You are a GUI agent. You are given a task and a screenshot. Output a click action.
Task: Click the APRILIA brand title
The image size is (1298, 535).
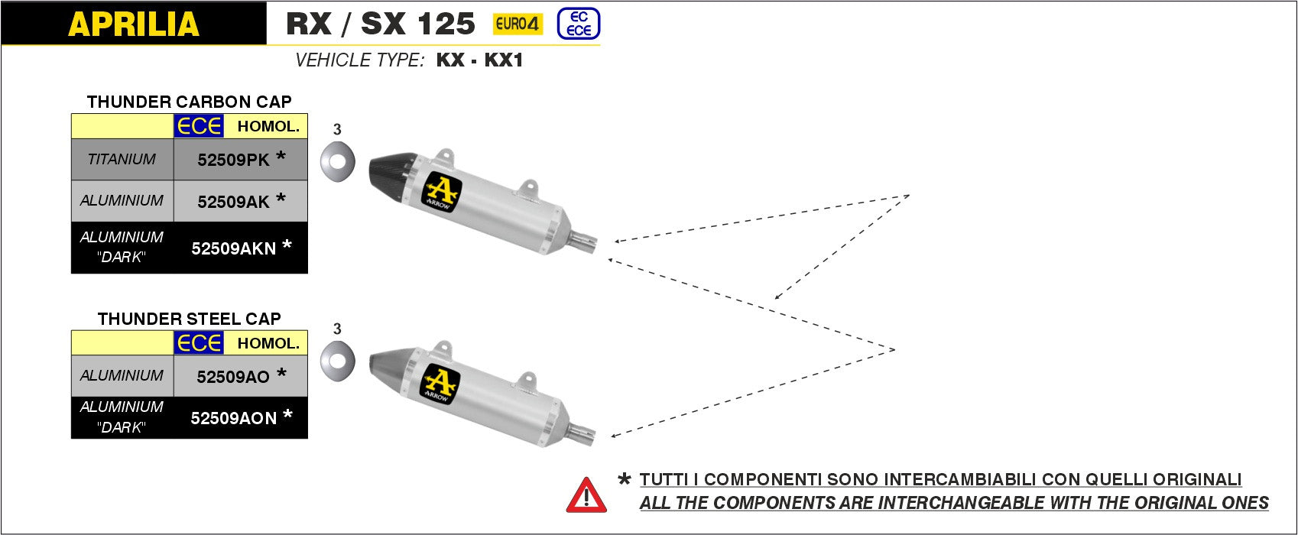(133, 24)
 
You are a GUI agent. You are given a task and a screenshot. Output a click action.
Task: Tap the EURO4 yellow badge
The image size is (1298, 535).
(518, 24)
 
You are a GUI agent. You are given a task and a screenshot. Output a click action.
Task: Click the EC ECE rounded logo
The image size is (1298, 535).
(579, 24)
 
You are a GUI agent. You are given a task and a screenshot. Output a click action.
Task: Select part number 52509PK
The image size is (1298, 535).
(233, 160)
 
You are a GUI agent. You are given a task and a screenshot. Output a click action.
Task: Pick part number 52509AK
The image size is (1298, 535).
(233, 201)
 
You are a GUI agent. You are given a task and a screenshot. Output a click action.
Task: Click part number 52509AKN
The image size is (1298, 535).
(233, 248)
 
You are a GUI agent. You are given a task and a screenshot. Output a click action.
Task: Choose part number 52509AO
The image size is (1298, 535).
(232, 376)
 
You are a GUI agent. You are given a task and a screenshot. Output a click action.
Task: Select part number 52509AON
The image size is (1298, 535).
(233, 418)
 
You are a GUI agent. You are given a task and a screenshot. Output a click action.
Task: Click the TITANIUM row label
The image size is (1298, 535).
(122, 160)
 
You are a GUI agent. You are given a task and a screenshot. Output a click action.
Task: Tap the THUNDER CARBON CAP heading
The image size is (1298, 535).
(189, 102)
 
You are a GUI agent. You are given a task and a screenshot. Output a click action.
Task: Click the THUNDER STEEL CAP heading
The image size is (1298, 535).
(189, 319)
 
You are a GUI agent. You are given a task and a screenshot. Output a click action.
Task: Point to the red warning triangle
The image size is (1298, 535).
(586, 496)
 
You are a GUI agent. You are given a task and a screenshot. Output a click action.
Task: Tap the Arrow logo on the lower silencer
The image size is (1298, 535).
(441, 385)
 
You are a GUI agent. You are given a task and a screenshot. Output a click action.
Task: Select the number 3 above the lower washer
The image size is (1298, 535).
(337, 329)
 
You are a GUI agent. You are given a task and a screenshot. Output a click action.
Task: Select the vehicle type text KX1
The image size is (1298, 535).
(504, 60)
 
